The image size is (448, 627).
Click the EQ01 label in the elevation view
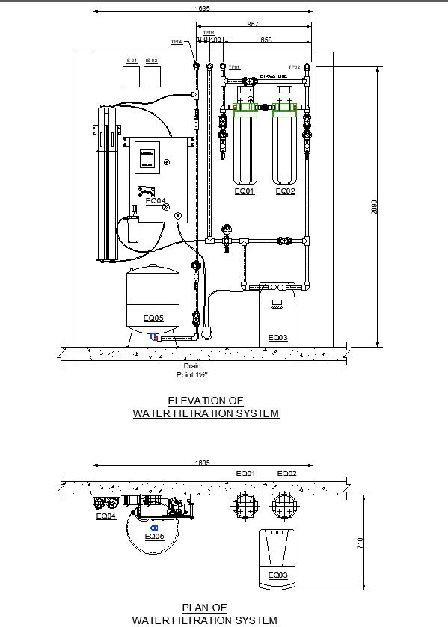point(245,192)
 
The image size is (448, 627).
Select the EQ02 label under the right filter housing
point(286,192)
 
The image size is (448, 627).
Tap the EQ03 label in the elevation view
point(277,338)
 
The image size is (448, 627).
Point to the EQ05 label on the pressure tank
point(153,318)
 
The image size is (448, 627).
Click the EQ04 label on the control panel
point(156,200)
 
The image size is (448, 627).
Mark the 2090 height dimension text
point(375,207)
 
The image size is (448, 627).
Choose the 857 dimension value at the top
point(254,25)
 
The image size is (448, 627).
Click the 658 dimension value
point(266,39)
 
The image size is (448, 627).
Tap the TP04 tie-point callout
point(177,43)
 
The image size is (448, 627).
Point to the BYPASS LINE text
point(273,75)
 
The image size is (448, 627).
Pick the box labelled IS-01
point(132,75)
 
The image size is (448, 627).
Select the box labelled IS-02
point(152,75)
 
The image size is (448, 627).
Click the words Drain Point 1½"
point(191,371)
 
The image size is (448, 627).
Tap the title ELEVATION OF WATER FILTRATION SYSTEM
point(206,407)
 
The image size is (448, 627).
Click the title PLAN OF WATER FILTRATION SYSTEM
point(204,614)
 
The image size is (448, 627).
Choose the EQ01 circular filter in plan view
point(245,505)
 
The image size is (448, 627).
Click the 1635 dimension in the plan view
point(202,463)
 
